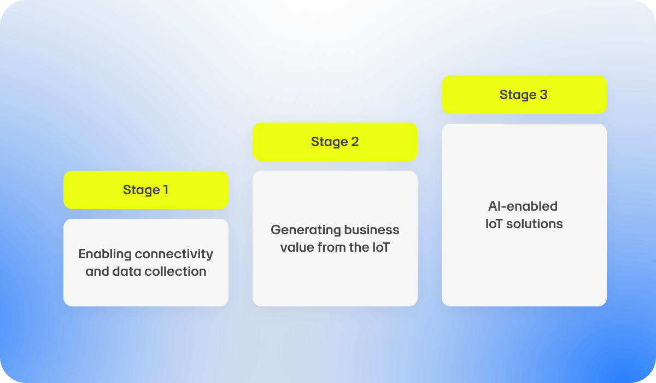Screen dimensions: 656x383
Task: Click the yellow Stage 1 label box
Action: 146,190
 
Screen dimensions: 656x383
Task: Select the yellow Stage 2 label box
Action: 335,142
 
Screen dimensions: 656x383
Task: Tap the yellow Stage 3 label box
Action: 524,95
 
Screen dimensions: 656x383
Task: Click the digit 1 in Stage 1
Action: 166,190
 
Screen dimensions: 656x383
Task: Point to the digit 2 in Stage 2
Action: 355,142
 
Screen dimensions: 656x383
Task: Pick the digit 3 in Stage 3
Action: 543,95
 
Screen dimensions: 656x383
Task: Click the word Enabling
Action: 105,254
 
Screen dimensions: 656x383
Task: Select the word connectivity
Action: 174,254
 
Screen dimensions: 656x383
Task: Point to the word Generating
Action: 306,230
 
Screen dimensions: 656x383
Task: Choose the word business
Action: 372,230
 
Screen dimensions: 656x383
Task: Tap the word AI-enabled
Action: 523,206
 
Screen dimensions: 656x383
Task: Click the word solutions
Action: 535,224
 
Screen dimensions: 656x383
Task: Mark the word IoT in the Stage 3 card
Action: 494,224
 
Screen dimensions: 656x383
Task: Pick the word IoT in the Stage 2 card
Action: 381,248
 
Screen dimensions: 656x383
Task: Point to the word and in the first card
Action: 97,271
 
